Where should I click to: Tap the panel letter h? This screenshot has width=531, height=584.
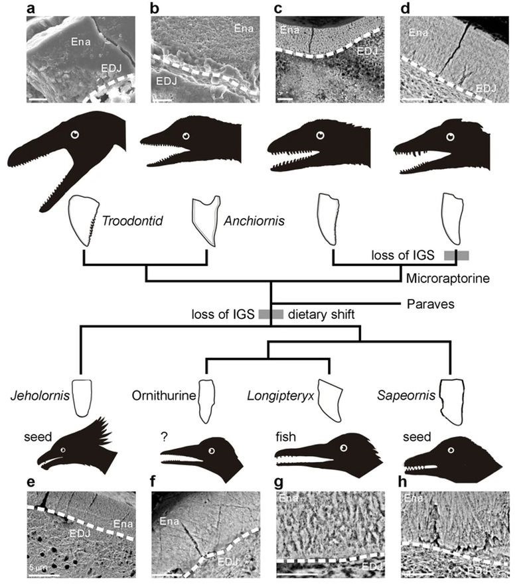[x=404, y=482]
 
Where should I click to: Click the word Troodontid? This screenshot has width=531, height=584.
[x=125, y=219]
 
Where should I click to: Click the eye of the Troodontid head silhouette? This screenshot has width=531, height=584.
[x=74, y=135]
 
